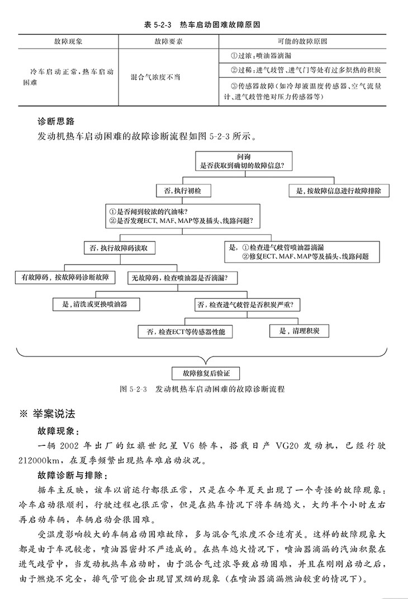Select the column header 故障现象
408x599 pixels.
[x=68, y=42]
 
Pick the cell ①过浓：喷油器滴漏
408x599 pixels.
[x=260, y=56]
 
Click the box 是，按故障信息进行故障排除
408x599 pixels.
[x=339, y=191]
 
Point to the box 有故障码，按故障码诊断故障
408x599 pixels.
[x=65, y=277]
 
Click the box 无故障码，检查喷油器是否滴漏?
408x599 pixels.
[x=183, y=277]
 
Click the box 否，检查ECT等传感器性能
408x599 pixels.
[x=186, y=332]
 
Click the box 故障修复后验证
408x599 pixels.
[x=203, y=372]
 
